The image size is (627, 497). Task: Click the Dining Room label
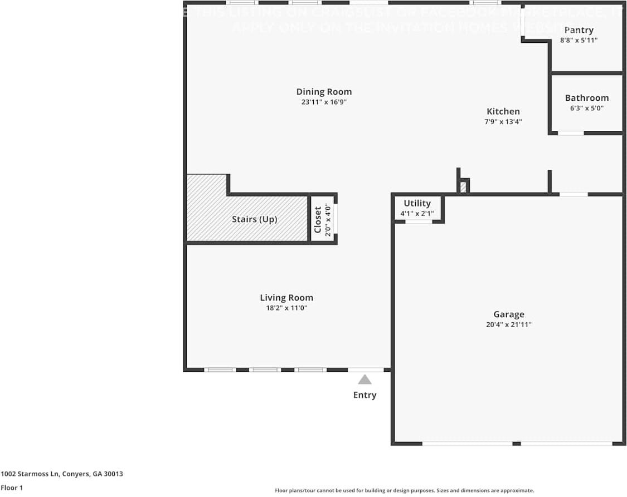pyautogui.click(x=324, y=92)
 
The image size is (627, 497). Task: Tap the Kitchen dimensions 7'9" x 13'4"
pyautogui.click(x=503, y=121)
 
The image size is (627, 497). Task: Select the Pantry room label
pyautogui.click(x=579, y=30)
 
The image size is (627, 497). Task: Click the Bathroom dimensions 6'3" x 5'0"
pyautogui.click(x=586, y=109)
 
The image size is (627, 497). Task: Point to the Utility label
pyautogui.click(x=417, y=203)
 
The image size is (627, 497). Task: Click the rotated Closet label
pyautogui.click(x=318, y=219)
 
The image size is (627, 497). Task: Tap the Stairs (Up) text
pyautogui.click(x=254, y=219)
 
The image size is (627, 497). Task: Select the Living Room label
pyautogui.click(x=286, y=298)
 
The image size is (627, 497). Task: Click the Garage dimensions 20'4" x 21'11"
pyautogui.click(x=508, y=324)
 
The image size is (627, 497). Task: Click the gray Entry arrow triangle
pyautogui.click(x=364, y=380)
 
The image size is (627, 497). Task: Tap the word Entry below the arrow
pyautogui.click(x=364, y=395)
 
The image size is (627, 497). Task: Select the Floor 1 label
pyautogui.click(x=12, y=488)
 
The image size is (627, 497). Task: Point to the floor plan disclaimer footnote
pyautogui.click(x=404, y=490)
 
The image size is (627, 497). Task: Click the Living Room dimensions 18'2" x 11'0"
pyautogui.click(x=286, y=308)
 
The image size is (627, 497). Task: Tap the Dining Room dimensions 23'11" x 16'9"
pyautogui.click(x=324, y=102)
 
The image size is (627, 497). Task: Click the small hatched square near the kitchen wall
pyautogui.click(x=463, y=188)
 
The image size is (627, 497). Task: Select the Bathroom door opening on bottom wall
pyautogui.click(x=571, y=133)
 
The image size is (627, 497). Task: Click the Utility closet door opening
pyautogui.click(x=419, y=222)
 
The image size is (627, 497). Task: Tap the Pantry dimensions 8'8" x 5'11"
pyautogui.click(x=579, y=40)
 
